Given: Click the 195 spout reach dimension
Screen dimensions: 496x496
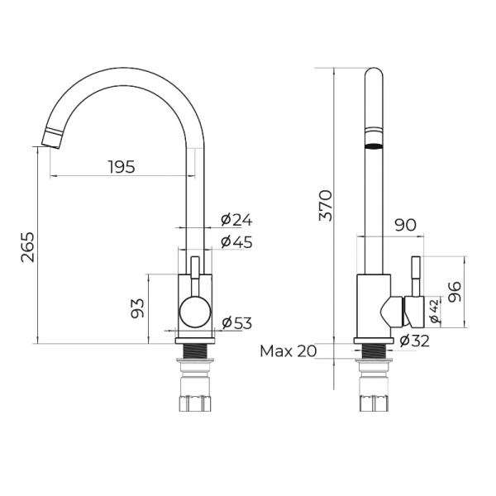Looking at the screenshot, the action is pyautogui.click(x=122, y=167).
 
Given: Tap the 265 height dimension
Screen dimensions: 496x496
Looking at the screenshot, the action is pyautogui.click(x=27, y=247).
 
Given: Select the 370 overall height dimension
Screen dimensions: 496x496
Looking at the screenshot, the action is pyautogui.click(x=326, y=205).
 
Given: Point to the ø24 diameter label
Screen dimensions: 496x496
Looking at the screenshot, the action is pyautogui.click(x=236, y=220).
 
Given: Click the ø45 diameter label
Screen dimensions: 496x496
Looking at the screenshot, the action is pyautogui.click(x=236, y=242).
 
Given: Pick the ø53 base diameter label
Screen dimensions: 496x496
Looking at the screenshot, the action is pyautogui.click(x=237, y=323).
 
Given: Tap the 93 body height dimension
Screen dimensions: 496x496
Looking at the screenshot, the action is pyautogui.click(x=137, y=308).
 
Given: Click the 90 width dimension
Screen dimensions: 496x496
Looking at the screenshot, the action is pyautogui.click(x=405, y=225).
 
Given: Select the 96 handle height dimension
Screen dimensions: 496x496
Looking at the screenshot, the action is pyautogui.click(x=455, y=292).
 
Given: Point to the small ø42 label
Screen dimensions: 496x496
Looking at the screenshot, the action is pyautogui.click(x=435, y=311).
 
